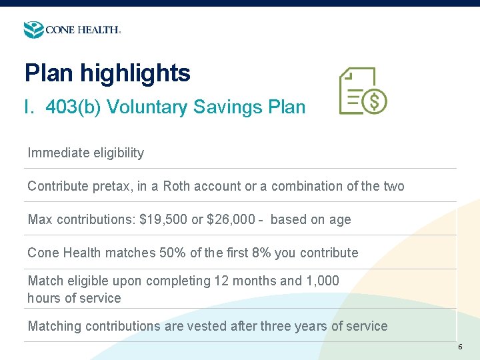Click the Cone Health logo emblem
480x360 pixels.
pos(33,30)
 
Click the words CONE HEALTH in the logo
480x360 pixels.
pos(82,30)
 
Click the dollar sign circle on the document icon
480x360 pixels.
pos(375,102)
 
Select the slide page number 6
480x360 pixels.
pos(460,347)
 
